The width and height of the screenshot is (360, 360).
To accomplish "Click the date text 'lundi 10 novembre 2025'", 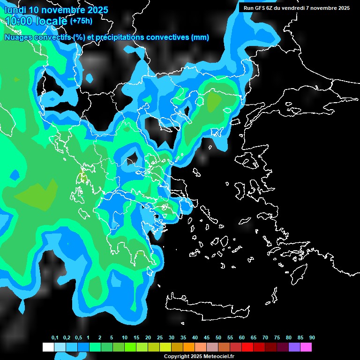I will [x=56, y=10].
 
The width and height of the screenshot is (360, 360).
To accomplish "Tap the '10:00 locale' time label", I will [x=36, y=21].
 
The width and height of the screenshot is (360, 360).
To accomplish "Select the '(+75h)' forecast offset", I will [x=81, y=21].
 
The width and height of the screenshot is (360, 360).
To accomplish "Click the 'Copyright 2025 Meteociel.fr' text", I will [x=199, y=356].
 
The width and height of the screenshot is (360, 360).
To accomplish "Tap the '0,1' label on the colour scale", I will [x=55, y=338].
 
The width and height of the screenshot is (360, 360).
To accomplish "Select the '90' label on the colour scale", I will [x=312, y=338].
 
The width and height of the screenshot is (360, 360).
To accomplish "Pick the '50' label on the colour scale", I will [x=218, y=338].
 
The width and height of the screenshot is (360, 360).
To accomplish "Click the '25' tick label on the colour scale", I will [x=160, y=338].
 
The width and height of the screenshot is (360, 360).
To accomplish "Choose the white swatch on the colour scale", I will [x=48, y=347].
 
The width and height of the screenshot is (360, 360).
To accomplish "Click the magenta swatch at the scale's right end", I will [x=306, y=347].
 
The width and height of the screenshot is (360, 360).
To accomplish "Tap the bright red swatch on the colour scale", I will [x=247, y=347].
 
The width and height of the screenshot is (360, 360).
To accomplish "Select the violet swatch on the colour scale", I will [x=294, y=347].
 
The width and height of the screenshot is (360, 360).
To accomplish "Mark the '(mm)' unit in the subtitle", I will [x=200, y=37].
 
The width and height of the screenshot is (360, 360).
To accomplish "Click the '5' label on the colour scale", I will [x=112, y=338].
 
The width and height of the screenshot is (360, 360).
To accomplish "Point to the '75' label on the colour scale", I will [x=277, y=338].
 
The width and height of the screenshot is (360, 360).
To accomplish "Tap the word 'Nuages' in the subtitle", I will [x=17, y=37].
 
